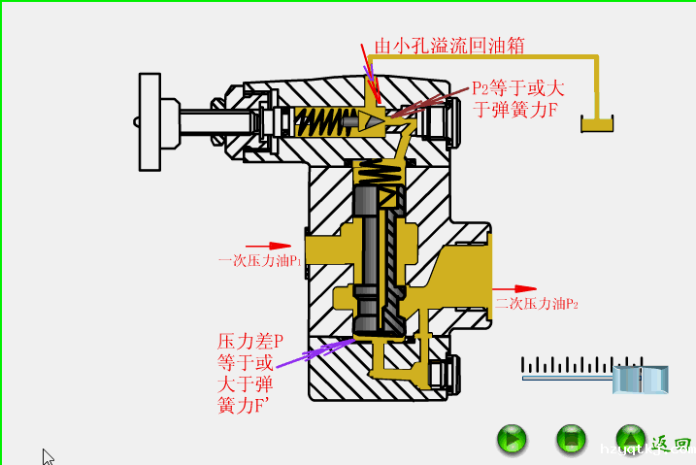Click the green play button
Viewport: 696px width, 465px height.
click(512, 440)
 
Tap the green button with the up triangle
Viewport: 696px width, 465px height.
click(631, 440)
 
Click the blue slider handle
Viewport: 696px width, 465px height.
click(642, 379)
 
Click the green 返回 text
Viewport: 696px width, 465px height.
click(671, 445)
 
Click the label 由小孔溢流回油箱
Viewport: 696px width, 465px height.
click(449, 45)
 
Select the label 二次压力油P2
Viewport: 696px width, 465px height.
click(537, 304)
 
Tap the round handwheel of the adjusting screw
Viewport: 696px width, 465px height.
click(149, 120)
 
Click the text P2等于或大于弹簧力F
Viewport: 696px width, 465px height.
click(516, 98)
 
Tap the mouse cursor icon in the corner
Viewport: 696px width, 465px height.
click(48, 456)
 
